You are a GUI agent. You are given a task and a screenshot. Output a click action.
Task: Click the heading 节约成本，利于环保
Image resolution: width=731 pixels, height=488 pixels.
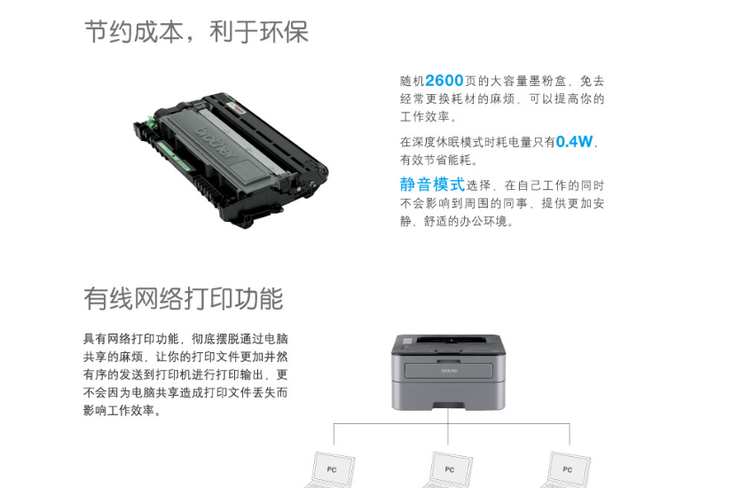pyautogui.click(x=196, y=32)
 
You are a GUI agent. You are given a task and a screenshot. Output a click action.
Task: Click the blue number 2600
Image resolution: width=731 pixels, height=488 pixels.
pyautogui.click(x=444, y=81)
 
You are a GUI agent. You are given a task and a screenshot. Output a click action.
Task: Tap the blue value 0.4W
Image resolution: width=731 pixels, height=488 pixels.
pyautogui.click(x=574, y=141)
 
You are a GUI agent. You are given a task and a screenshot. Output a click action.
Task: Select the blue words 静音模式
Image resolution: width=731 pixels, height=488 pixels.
pyautogui.click(x=432, y=185)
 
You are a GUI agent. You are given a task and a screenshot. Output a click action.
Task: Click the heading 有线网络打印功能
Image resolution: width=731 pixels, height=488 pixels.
pyautogui.click(x=184, y=298)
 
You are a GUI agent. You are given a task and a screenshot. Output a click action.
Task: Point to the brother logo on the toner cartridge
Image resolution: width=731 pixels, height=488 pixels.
pyautogui.click(x=215, y=142)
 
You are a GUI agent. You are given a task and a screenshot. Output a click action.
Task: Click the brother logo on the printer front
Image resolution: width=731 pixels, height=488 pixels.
pyautogui.click(x=449, y=371)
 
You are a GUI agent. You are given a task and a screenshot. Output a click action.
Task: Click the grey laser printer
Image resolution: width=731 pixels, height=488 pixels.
pyautogui.click(x=448, y=372)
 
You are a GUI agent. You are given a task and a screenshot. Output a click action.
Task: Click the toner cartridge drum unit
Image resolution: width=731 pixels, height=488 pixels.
pyautogui.click(x=231, y=160)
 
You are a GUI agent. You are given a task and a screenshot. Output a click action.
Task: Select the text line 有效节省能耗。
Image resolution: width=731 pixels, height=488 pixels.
pyautogui.click(x=439, y=160)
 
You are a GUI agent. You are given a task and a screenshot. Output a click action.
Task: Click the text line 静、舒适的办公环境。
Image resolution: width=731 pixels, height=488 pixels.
pyautogui.click(x=457, y=221)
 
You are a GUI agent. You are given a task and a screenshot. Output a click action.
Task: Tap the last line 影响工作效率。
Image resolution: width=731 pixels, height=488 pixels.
pyautogui.click(x=122, y=411)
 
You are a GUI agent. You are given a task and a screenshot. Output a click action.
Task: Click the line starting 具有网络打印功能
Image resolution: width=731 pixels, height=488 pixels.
pyautogui.click(x=185, y=339)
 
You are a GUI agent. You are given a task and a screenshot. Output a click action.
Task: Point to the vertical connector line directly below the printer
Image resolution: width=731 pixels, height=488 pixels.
pyautogui.click(x=448, y=427)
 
